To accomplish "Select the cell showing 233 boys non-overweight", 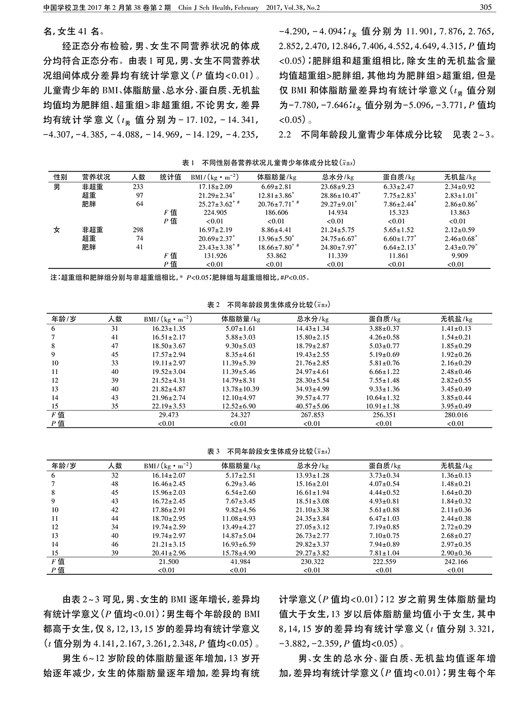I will click(138, 186).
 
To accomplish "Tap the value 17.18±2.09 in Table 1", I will click(215, 186).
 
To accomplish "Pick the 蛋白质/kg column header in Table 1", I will click(399, 177).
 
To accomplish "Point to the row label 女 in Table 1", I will click(57, 230).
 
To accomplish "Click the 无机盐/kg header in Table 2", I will click(456, 319).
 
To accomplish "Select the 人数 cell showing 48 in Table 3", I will click(115, 484).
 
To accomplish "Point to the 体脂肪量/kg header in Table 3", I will click(241, 465).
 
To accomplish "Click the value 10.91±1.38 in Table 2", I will click(384, 406).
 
